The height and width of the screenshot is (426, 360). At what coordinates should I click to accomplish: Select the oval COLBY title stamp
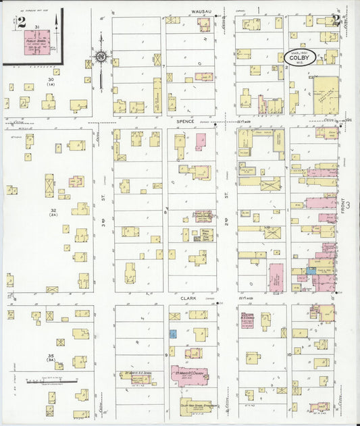pyautogui.click(x=298, y=59)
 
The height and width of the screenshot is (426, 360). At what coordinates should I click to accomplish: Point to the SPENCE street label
pyautogui.click(x=186, y=121)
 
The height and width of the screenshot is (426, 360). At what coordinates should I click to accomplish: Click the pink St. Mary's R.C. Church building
pyautogui.click(x=190, y=375)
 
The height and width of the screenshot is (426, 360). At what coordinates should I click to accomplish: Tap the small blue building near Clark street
pyautogui.click(x=173, y=334)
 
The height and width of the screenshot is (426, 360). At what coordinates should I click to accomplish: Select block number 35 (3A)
pyautogui.click(x=50, y=357)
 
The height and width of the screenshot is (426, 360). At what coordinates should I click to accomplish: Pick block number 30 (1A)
pyautogui.click(x=50, y=82)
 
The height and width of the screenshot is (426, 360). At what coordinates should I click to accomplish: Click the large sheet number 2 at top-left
pyautogui.click(x=22, y=20)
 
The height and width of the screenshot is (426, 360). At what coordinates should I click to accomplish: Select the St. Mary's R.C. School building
pyautogui.click(x=137, y=376)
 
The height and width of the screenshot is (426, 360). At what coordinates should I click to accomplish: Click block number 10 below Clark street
pyautogui.click(x=288, y=354)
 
